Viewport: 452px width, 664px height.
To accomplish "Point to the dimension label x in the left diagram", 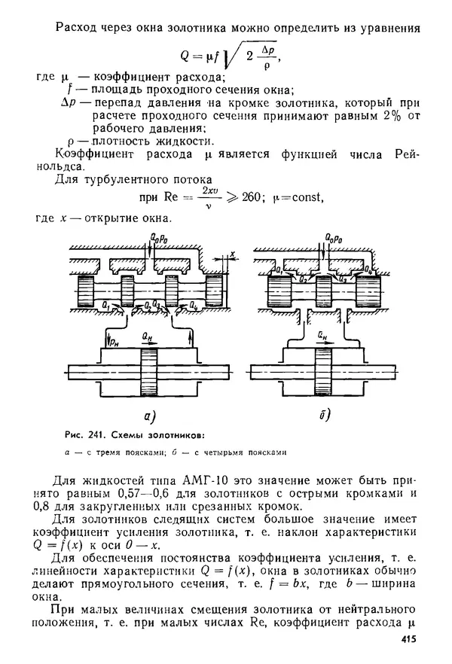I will tap(234, 254).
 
